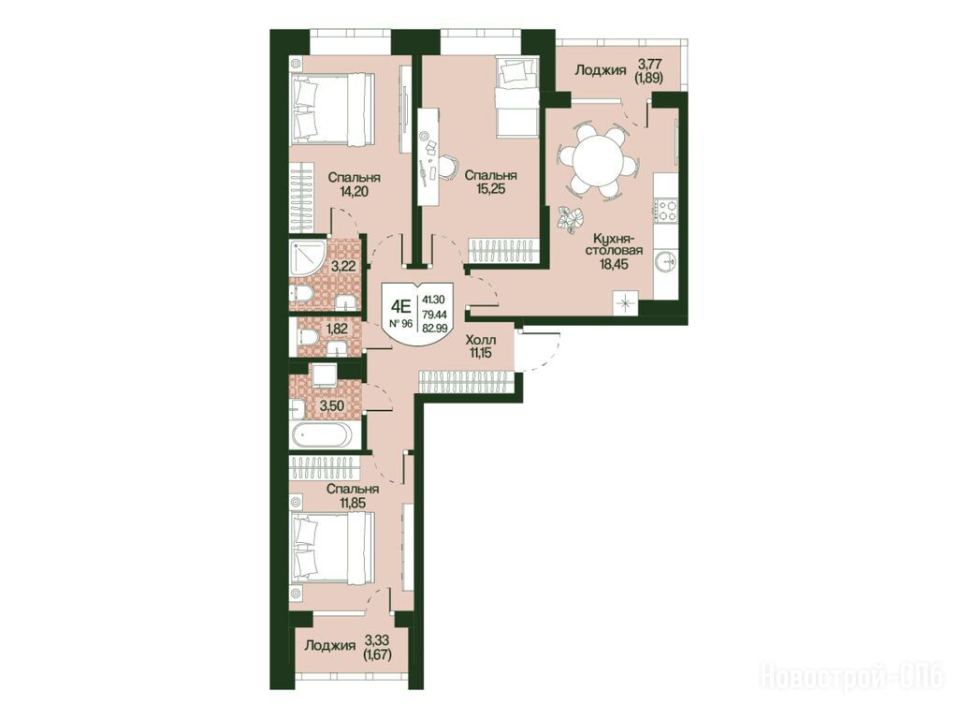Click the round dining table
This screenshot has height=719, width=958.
pos(597,157)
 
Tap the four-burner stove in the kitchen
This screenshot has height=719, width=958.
pos(666,210)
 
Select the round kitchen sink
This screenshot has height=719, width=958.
pos(666,262)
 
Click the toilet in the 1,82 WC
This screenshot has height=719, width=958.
pos(307,336)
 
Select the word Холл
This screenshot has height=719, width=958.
pos(480,340)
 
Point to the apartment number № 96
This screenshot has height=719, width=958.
pos(400,323)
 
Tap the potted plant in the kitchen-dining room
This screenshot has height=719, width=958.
pos(572,219)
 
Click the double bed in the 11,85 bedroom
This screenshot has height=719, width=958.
pos(334,546)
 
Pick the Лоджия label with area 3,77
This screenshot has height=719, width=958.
pos(601,70)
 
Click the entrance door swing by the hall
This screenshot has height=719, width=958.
pos(538,350)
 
